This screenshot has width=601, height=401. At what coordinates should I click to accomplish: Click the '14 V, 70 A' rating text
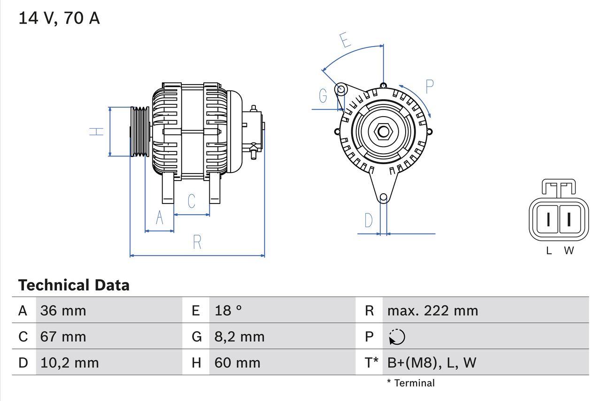(x=59, y=18)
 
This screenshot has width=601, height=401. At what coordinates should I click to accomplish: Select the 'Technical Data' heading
(x=74, y=285)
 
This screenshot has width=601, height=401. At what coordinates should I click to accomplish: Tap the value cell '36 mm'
(x=63, y=311)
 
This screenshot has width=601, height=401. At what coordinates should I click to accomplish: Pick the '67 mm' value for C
(x=63, y=337)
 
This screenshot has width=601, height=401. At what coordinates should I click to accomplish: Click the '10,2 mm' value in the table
(x=69, y=362)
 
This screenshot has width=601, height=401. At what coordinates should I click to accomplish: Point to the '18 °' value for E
(x=228, y=311)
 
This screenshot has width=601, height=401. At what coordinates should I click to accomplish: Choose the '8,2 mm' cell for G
(x=239, y=337)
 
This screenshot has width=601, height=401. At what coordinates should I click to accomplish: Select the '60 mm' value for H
(x=237, y=362)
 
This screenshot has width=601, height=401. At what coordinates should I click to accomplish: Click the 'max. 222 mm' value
(x=432, y=311)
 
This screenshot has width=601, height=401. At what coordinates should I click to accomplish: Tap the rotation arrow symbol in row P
(x=397, y=337)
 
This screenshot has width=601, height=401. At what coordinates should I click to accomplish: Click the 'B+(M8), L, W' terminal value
(x=431, y=362)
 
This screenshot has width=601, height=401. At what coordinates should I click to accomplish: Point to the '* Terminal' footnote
(x=411, y=383)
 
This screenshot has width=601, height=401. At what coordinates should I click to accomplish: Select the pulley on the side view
(x=139, y=132)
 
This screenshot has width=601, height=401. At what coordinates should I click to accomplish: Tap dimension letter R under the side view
(x=197, y=242)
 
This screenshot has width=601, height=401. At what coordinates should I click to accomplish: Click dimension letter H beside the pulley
(x=96, y=132)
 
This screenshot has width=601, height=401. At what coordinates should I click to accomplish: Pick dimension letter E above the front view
(x=346, y=40)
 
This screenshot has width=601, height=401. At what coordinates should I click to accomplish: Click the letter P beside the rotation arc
(x=429, y=87)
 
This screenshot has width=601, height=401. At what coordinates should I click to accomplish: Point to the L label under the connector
(x=548, y=251)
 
